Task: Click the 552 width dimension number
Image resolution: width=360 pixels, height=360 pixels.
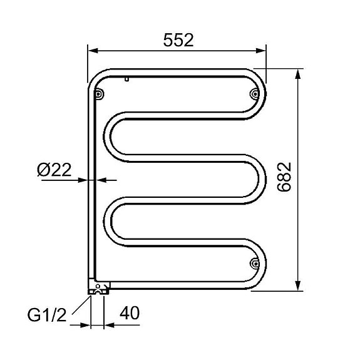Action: tap(178, 39)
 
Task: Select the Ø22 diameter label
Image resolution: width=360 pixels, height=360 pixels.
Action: tap(54, 169)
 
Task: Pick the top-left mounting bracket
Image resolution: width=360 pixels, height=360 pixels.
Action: tap(98, 94)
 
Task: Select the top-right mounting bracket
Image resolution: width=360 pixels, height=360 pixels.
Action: tap(254, 94)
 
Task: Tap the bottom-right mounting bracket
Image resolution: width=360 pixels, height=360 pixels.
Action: tap(254, 264)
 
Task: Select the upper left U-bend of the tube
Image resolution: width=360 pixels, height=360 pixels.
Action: tap(108, 134)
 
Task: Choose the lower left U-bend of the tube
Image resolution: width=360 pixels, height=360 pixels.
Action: tap(108, 220)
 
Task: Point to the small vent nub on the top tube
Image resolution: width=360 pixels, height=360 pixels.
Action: tap(126, 80)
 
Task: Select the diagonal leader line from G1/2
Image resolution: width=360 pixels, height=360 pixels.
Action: tap(80, 309)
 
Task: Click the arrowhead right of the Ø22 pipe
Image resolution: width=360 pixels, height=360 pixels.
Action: tap(103, 180)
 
